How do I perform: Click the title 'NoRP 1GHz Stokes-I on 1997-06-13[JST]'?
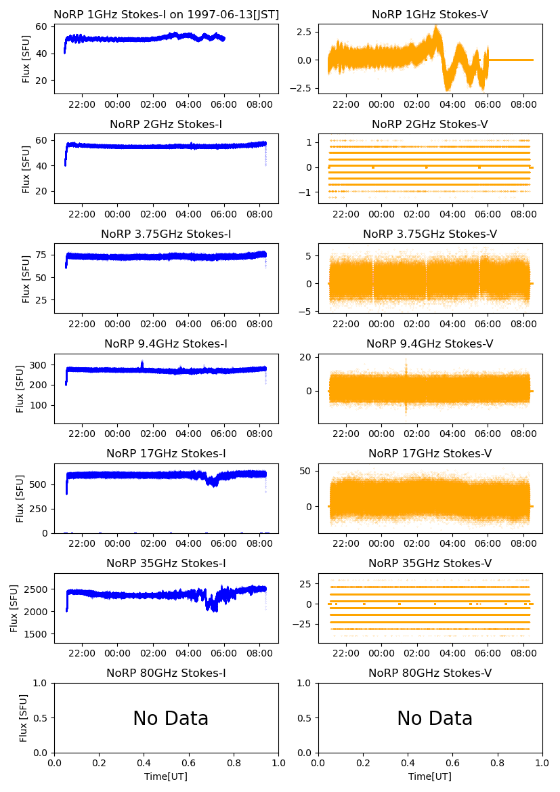tap(166, 14)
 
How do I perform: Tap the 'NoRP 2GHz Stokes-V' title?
tap(430, 124)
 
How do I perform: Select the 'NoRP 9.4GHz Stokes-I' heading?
tap(166, 343)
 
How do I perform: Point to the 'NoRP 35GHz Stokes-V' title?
tap(430, 563)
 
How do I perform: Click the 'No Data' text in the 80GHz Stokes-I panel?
tap(171, 719)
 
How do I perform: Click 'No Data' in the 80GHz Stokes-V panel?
tap(435, 719)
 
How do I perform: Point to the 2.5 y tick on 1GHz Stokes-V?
tap(304, 31)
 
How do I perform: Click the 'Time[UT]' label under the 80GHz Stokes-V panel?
tap(430, 776)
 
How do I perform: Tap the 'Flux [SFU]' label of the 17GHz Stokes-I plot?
tap(20, 498)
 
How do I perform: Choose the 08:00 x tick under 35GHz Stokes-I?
tap(260, 654)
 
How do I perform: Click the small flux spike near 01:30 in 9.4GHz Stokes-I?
tap(142, 365)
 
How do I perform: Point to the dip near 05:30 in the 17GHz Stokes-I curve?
tap(213, 482)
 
